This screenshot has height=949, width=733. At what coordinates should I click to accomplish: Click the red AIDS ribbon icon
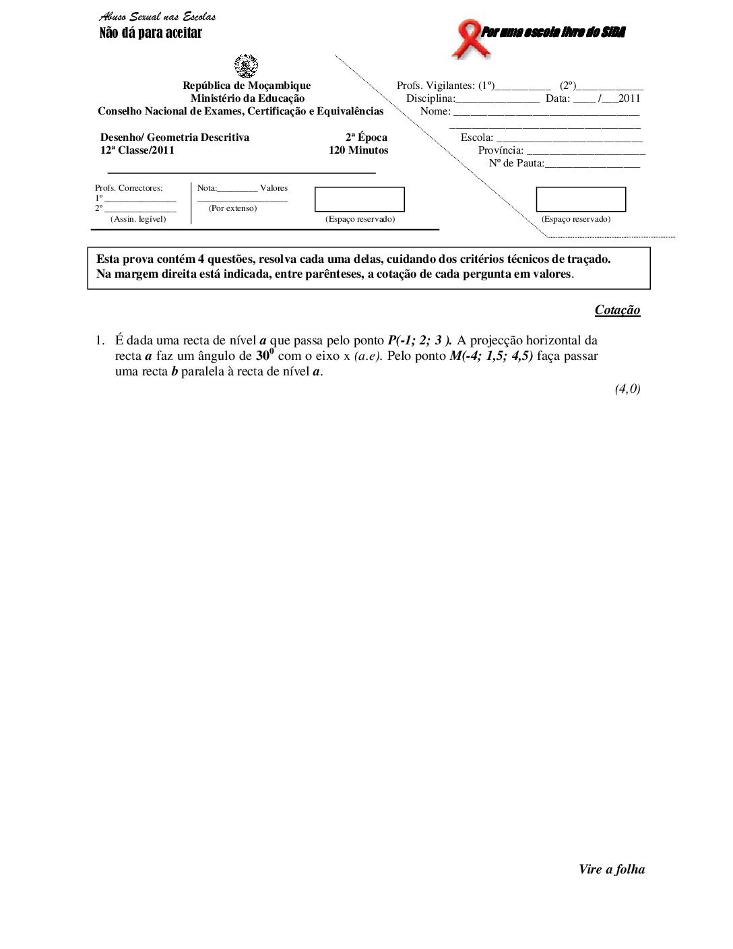coord(466,38)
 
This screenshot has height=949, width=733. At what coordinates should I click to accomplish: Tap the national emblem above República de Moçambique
coord(246,66)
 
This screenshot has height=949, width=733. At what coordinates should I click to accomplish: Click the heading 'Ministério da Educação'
coord(247,98)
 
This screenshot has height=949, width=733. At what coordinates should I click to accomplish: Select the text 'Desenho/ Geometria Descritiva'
coord(174,137)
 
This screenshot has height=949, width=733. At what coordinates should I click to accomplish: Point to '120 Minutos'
coord(358,150)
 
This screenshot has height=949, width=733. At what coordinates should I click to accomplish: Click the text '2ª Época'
coord(366,137)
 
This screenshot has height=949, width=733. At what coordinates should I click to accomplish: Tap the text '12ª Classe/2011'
coord(137,150)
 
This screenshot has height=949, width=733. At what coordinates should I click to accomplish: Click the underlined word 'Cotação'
coord(617,310)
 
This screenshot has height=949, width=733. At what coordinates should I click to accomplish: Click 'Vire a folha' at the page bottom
coord(612,869)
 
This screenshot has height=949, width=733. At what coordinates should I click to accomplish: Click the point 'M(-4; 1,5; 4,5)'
coord(491,356)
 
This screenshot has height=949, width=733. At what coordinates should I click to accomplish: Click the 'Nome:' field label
coord(435,111)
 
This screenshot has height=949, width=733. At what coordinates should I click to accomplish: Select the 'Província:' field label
coord(501,150)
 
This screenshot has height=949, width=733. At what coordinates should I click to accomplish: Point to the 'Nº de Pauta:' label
coord(516,163)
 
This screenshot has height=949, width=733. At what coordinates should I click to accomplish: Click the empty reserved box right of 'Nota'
coord(360,200)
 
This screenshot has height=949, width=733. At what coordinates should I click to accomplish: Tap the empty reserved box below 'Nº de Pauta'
coord(581,200)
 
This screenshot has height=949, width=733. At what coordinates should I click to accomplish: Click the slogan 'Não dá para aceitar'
coord(151,33)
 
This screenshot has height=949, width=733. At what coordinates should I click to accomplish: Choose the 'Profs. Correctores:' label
coord(129,188)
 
